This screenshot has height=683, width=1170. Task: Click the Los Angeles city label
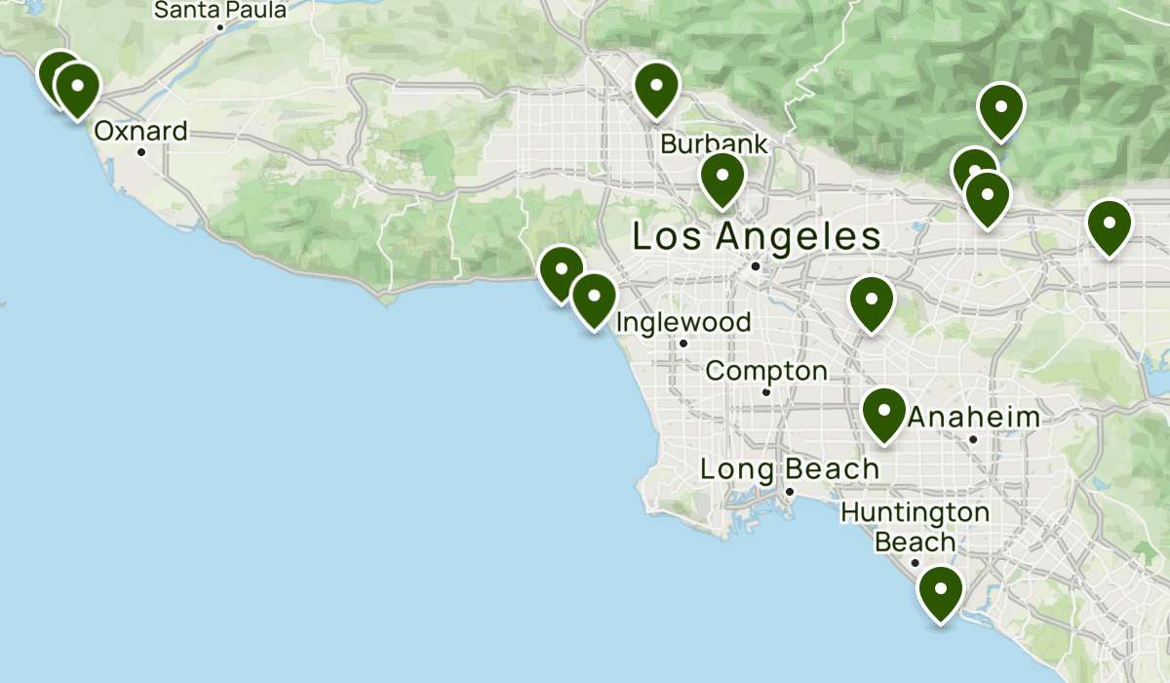pos(757,236)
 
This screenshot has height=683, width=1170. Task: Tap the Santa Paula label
pos(221,11)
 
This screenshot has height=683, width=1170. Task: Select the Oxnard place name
pos(140,131)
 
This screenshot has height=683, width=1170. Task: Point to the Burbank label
pos(714,144)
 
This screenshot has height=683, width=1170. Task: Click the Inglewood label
pos(683,322)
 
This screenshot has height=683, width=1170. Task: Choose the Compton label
pos(766,371)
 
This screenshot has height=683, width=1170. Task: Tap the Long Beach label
pos(790,469)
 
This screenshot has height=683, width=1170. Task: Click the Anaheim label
pos(973,418)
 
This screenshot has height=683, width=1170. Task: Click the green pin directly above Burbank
pos(656,87)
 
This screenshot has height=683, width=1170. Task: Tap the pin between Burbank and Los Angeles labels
pos(722,179)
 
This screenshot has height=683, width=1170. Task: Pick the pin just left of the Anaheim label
pos(884,413)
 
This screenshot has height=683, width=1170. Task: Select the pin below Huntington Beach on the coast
pos(940,591)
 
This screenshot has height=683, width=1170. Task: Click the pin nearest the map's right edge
pos(1109,224)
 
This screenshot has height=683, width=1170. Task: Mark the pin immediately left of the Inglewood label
pos(593,299)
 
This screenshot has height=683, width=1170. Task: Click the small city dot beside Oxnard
pos(141,152)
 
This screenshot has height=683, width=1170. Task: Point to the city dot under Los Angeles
pos(756,265)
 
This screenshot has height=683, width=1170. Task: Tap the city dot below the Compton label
pos(766,392)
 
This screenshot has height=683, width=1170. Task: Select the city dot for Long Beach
pos(790,491)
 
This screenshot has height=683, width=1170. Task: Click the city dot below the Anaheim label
pos(973,439)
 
